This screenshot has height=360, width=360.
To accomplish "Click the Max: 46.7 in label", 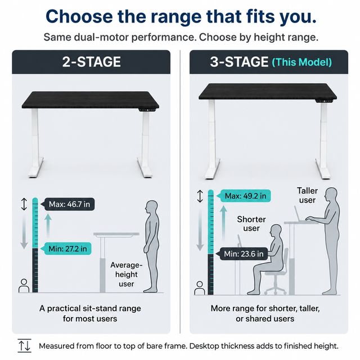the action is pos(69,204).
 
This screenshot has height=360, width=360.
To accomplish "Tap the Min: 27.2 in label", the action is pos(67,249).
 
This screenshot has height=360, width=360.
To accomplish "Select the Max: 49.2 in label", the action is pos(245,196).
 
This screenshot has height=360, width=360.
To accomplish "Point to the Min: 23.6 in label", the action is pos(244,254).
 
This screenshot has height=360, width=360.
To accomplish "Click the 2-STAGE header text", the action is pos(91,62).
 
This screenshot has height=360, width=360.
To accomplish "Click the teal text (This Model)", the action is pos(302,62).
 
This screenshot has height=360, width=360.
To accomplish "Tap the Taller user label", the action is pos(307,195).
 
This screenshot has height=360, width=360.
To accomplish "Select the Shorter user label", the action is pos(251,224).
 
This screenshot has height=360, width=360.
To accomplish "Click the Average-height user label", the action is pos(126,274).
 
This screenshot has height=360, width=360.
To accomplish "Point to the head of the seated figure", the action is pos(276,231).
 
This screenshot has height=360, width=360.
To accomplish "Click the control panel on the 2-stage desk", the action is pos(147,110).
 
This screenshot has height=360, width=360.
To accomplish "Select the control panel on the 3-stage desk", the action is pos(324,101).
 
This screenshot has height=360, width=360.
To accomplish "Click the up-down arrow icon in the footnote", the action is pos(25,345).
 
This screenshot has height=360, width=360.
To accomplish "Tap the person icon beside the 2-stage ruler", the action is pos(24,286).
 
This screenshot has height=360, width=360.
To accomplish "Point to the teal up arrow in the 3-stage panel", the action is pos(223,223).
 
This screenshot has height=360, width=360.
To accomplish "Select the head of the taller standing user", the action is pos(331,195).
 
